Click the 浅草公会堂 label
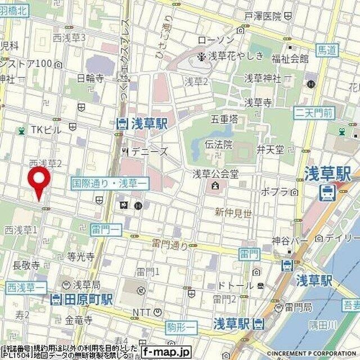(215, 173)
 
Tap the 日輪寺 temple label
(90, 78)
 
